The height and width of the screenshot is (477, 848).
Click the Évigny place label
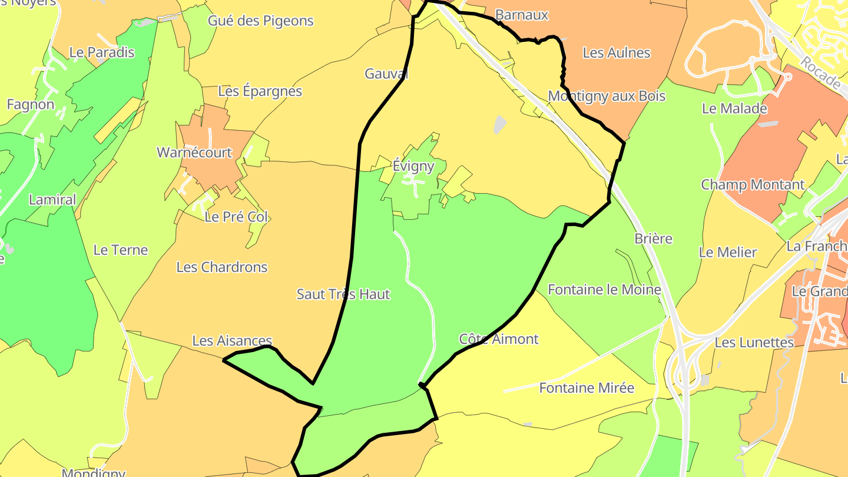[413, 166]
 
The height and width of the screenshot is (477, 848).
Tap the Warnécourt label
[194, 153]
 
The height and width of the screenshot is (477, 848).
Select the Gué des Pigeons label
[260, 21]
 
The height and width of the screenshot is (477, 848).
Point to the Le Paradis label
[102, 52]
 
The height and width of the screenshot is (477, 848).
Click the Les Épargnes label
[260, 91]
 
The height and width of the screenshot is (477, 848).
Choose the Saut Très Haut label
[343, 294]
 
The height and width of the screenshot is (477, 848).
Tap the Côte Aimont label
[498, 339]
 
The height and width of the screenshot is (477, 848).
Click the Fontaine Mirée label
[587, 388]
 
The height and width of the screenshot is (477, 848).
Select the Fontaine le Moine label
[604, 290]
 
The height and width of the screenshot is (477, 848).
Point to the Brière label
[653, 239]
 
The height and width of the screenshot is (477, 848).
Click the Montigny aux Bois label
[607, 96]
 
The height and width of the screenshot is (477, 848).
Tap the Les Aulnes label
[616, 53]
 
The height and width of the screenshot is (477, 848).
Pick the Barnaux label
[522, 15]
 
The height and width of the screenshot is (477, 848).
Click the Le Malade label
[734, 109]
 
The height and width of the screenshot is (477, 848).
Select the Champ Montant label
[752, 185]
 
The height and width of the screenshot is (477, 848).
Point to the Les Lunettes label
[754, 342]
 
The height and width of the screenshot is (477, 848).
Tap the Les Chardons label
[222, 267]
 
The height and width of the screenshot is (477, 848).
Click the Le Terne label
[121, 250]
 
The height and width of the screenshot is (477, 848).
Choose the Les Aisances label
[232, 341]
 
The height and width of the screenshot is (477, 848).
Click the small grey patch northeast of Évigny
[499, 124]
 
